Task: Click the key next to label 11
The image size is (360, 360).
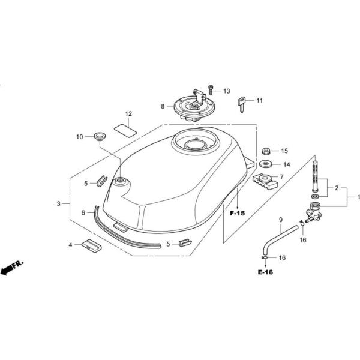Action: click(241, 104)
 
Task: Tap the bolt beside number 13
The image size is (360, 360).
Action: click(211, 90)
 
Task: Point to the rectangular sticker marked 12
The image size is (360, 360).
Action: click(125, 131)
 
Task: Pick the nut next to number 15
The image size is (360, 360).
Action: click(266, 151)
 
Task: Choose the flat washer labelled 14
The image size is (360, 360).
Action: click(266, 164)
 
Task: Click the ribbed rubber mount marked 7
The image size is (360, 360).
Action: click(265, 181)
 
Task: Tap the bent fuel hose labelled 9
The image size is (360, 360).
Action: click(280, 239)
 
